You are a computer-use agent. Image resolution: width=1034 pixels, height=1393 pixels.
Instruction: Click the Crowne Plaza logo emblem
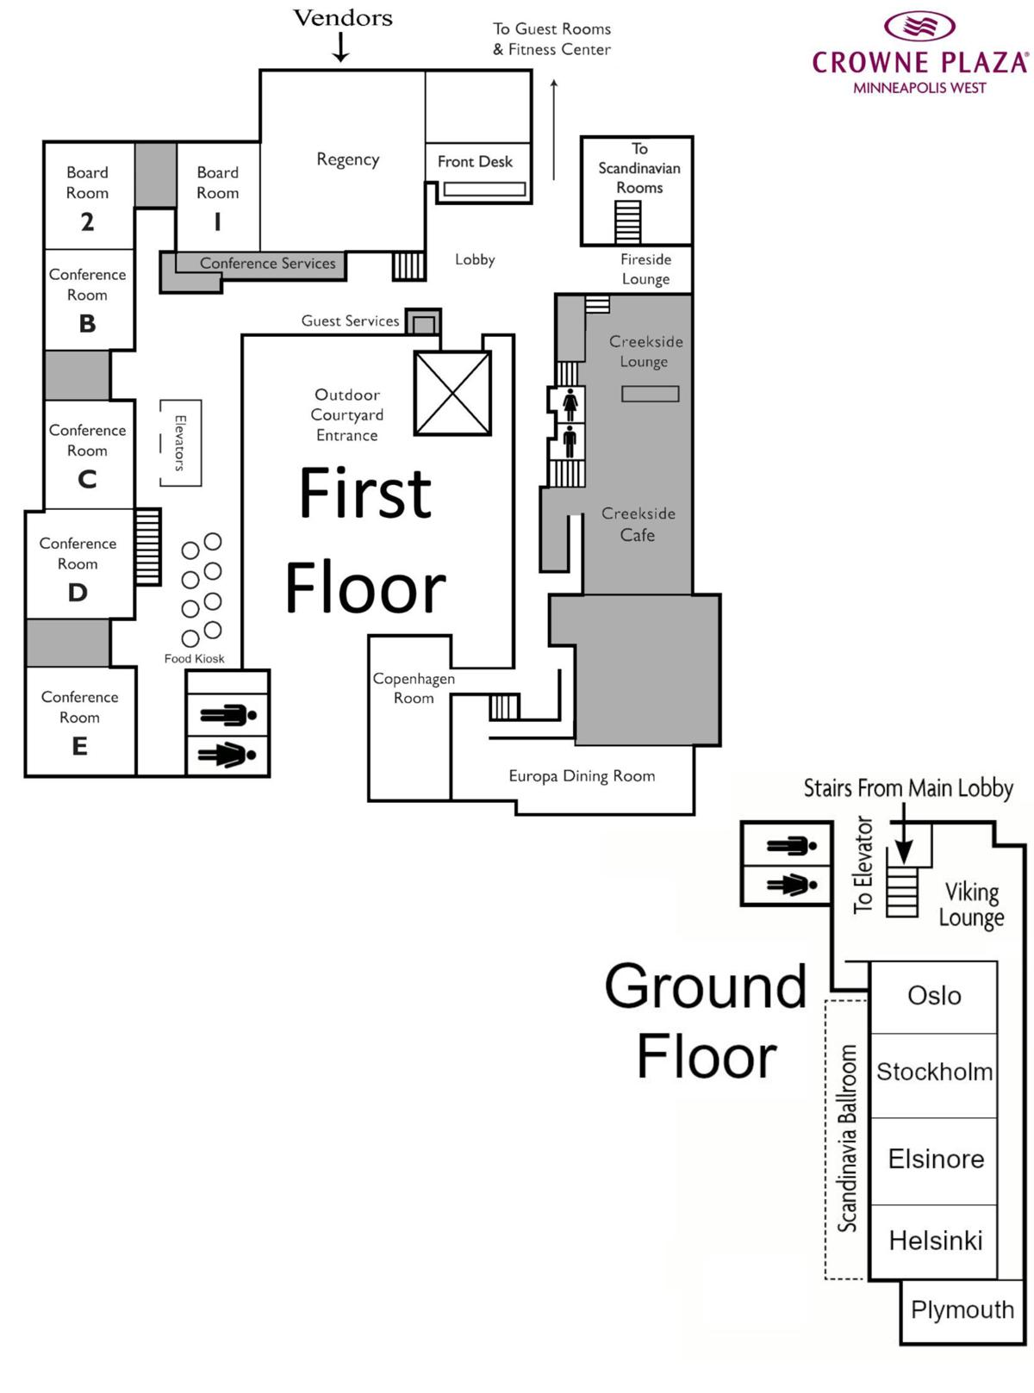click(919, 26)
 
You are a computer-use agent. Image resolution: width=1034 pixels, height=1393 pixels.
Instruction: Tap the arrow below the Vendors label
click(341, 47)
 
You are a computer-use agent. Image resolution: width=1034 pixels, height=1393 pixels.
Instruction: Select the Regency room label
click(347, 159)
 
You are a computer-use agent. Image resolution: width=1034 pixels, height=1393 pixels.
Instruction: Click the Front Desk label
click(475, 162)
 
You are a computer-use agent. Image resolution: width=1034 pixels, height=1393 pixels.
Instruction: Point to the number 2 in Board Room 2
click(87, 222)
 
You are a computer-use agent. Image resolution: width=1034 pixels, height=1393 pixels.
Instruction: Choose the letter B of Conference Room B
click(87, 324)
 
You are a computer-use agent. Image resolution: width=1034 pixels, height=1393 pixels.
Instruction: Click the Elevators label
click(180, 443)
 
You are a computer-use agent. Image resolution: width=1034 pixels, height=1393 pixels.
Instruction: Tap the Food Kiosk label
click(194, 659)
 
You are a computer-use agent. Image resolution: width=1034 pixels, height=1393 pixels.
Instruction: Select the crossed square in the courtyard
click(452, 394)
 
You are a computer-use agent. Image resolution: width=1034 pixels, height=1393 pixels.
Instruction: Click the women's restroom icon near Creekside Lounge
click(570, 404)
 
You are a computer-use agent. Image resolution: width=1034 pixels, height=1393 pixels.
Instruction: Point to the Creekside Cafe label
click(638, 524)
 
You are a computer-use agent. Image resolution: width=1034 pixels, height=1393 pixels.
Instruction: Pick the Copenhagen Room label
click(414, 687)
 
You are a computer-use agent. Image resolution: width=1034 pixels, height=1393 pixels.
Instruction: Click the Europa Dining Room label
click(582, 776)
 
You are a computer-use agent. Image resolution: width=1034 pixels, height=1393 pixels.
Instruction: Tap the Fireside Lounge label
click(645, 269)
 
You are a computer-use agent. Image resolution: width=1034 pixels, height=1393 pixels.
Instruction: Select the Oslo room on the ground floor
click(934, 996)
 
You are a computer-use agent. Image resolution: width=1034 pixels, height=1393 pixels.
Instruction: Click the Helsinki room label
click(936, 1241)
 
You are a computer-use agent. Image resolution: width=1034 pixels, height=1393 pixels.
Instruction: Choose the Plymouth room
click(962, 1309)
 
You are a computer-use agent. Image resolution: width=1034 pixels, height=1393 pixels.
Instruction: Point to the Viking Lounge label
click(972, 904)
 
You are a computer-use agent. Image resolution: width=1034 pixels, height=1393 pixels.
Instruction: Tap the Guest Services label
click(350, 321)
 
